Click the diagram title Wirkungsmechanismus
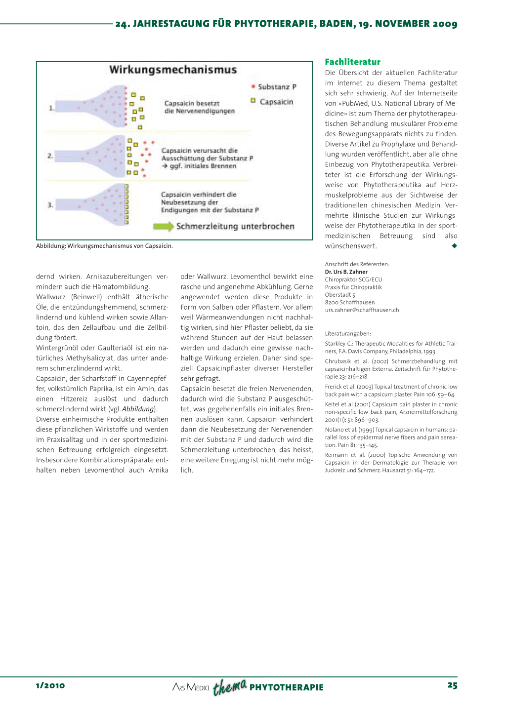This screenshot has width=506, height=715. [x=173, y=70]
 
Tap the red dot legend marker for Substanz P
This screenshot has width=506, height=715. [x=253, y=86]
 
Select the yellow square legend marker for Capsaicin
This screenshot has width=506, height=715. [x=253, y=101]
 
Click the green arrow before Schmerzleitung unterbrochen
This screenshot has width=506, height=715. [x=163, y=226]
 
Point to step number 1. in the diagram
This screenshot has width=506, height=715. [x=51, y=108]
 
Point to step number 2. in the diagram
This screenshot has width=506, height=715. [x=50, y=156]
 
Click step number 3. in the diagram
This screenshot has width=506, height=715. [x=50, y=204]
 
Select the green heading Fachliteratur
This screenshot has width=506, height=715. [x=352, y=62]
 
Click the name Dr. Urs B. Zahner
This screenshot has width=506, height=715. [x=346, y=272]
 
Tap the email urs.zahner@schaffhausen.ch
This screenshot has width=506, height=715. [x=362, y=310]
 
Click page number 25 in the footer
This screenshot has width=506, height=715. [x=452, y=685]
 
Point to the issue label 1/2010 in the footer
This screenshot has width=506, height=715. [x=50, y=685]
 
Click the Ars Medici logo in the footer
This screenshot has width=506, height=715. [x=191, y=687]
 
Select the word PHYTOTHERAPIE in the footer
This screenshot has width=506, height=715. [x=286, y=687]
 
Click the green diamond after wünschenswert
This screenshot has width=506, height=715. [x=454, y=246]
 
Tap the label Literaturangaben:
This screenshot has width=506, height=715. [x=348, y=334]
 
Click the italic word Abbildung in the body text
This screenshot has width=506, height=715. [x=138, y=409]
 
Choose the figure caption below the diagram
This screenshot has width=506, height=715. [x=104, y=246]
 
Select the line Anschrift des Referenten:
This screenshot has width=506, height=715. [x=357, y=264]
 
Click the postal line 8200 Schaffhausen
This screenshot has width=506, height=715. [x=350, y=302]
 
